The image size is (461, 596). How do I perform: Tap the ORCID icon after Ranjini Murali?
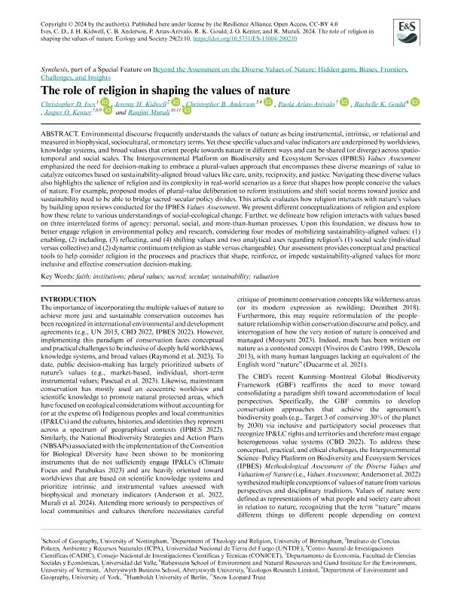[x=186, y=111]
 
